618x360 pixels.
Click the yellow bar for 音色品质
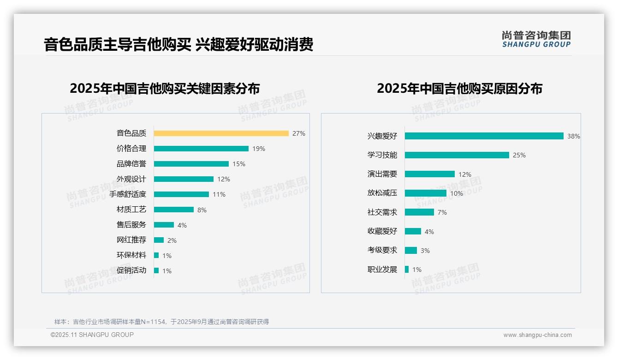pyautogui.click(x=221, y=133)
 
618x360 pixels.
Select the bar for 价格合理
pyautogui.click(x=201, y=149)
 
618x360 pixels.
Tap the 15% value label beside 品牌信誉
pyautogui.click(x=239, y=164)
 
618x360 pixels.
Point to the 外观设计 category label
pyautogui.click(x=131, y=179)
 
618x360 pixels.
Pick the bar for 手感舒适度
pyautogui.click(x=181, y=194)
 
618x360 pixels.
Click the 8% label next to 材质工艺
pyautogui.click(x=202, y=210)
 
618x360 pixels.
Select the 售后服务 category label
pyautogui.click(x=131, y=224)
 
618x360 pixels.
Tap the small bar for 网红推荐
pyautogui.click(x=159, y=240)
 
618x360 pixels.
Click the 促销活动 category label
pyautogui.click(x=131, y=270)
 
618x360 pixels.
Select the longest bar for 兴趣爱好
pyautogui.click(x=484, y=136)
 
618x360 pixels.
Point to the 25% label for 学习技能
pyautogui.click(x=519, y=155)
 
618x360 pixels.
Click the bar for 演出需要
pyautogui.click(x=429, y=174)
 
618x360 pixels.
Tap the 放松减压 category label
pyautogui.click(x=382, y=193)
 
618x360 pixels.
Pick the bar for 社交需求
pyautogui.click(x=419, y=212)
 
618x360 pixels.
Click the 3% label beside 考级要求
pyautogui.click(x=425, y=251)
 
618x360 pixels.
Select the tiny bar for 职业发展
pyautogui.click(x=407, y=270)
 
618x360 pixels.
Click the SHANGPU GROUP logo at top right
pyautogui.click(x=536, y=39)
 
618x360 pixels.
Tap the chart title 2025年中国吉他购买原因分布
pyautogui.click(x=459, y=89)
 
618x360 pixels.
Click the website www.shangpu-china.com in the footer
pyautogui.click(x=537, y=335)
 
